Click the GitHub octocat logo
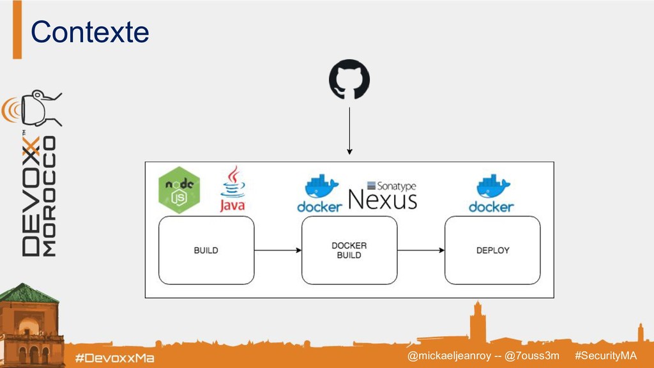(349, 80)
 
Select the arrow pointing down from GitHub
(349, 130)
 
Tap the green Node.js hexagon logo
(179, 190)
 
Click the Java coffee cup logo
(232, 190)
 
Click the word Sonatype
(392, 185)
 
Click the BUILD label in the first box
(206, 250)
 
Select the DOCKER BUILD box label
(349, 250)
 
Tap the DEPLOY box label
(492, 250)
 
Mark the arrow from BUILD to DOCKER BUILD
(278, 250)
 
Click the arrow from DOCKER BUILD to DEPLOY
(421, 250)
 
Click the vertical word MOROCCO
(49, 195)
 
